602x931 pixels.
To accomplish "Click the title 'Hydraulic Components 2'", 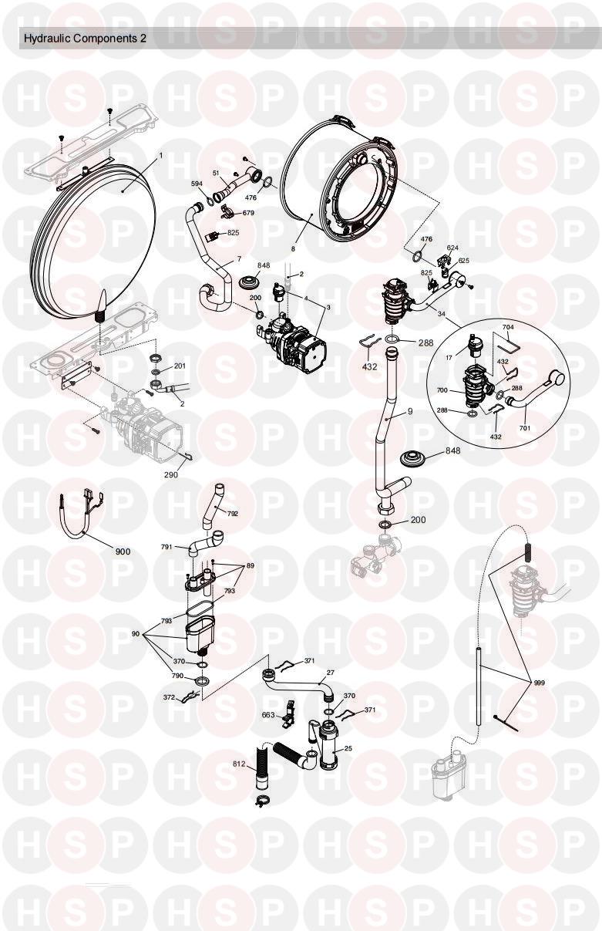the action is tap(85, 39).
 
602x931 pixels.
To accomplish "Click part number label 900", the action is tap(123, 552).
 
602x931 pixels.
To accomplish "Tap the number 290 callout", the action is tap(171, 474).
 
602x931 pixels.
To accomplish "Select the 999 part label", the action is tap(540, 683).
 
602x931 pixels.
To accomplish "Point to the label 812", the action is tap(240, 764).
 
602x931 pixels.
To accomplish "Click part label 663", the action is tap(268, 715).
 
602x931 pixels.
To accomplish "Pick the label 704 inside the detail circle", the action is tap(508, 327).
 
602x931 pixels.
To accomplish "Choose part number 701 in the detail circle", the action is tap(525, 427).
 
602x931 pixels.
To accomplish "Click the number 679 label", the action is tap(248, 213).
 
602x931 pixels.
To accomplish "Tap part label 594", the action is tap(197, 184).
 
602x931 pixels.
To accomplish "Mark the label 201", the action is tap(180, 366).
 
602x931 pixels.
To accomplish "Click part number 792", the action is tap(233, 514).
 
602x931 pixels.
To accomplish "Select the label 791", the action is tap(166, 547).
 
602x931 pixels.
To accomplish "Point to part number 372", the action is tap(169, 697).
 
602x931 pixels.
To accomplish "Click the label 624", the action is tap(452, 248).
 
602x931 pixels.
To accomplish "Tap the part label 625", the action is tap(464, 261).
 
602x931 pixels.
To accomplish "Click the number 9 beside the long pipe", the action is tap(410, 411).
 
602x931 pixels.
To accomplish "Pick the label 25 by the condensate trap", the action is tap(348, 748).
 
